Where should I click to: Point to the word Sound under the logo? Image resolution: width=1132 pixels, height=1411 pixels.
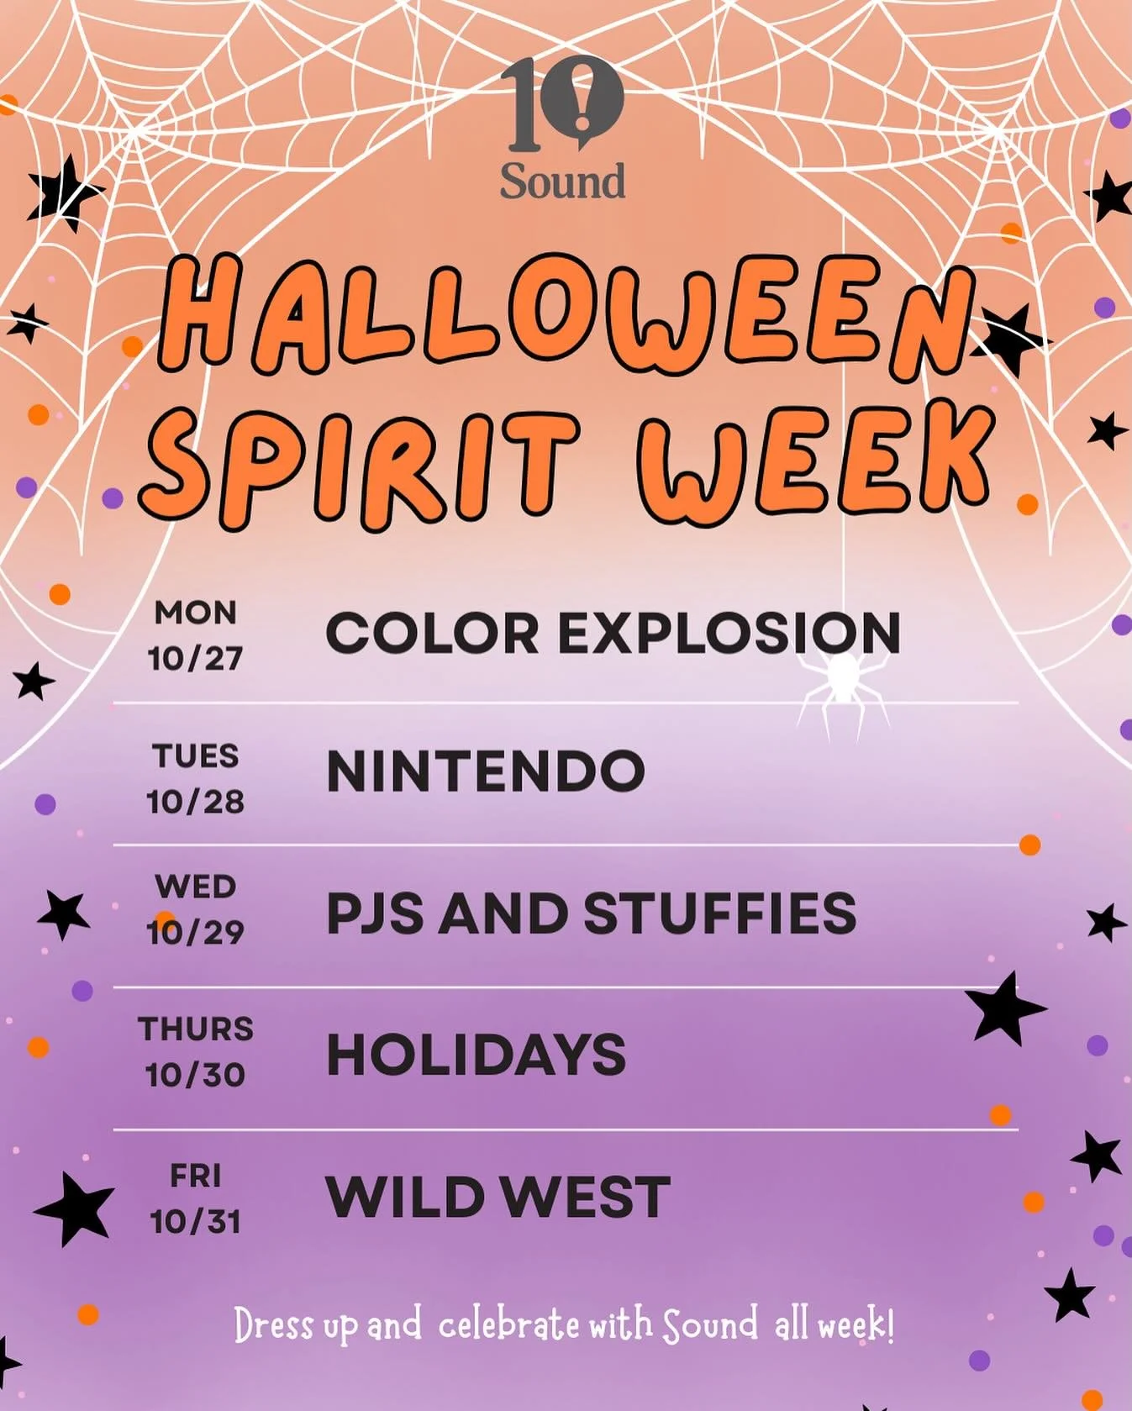pyautogui.click(x=562, y=182)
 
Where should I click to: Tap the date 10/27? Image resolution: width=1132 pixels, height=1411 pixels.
pyautogui.click(x=195, y=658)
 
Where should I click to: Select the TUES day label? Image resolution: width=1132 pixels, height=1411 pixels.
pyautogui.click(x=195, y=756)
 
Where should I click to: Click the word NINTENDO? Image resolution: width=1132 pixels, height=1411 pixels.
pyautogui.click(x=485, y=771)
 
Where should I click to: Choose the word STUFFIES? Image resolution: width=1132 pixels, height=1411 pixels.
pyautogui.click(x=719, y=913)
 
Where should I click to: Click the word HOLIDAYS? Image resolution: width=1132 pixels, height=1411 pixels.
pyautogui.click(x=476, y=1055)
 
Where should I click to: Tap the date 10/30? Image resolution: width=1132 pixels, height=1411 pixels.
pyautogui.click(x=195, y=1075)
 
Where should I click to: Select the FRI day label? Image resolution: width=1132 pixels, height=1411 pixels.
pyautogui.click(x=195, y=1176)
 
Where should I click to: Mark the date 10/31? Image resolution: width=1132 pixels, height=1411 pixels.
pyautogui.click(x=195, y=1221)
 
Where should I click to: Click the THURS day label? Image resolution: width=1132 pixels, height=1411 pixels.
pyautogui.click(x=195, y=1029)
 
